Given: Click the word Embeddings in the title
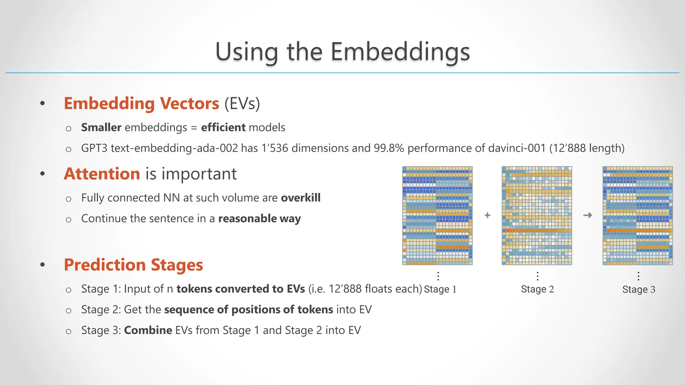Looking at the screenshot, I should pyautogui.click(x=400, y=52).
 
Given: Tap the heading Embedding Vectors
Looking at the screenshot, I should pyautogui.click(x=141, y=103).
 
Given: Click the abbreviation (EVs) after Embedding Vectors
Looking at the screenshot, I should pyautogui.click(x=242, y=103).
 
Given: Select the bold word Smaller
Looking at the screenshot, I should pyautogui.click(x=101, y=127).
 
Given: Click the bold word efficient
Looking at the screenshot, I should pyautogui.click(x=223, y=127).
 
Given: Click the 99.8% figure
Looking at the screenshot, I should pyautogui.click(x=389, y=148).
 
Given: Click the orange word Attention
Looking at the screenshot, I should pyautogui.click(x=102, y=174).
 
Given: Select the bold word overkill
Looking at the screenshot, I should pyautogui.click(x=300, y=198).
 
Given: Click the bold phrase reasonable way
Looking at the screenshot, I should pyautogui.click(x=259, y=219).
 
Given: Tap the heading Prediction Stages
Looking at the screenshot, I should pyautogui.click(x=133, y=265).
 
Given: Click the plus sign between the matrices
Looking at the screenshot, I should pyautogui.click(x=487, y=216).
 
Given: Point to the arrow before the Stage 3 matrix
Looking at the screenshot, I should pyautogui.click(x=587, y=216).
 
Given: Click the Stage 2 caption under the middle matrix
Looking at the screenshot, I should pyautogui.click(x=537, y=289).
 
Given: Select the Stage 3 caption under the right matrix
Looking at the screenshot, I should pyautogui.click(x=639, y=289).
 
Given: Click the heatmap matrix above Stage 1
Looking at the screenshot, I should pyautogui.click(x=437, y=216).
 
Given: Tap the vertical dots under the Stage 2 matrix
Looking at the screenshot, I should pyautogui.click(x=537, y=276).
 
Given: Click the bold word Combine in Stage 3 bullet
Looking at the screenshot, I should pyautogui.click(x=148, y=330).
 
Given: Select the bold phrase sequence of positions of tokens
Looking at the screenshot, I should pyautogui.click(x=249, y=309).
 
